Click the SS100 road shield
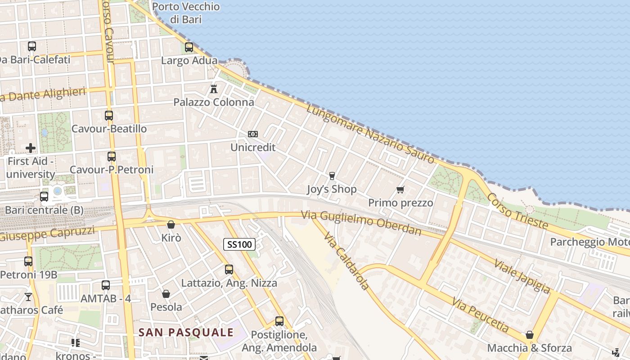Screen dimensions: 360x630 239,244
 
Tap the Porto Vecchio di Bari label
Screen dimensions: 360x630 186,13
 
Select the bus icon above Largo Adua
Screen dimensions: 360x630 189,47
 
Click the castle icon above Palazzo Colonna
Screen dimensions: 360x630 214,89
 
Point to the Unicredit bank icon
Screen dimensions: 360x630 253,134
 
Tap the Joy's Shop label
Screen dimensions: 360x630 332,189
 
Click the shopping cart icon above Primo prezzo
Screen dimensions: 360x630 400,189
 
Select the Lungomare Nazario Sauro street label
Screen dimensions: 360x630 370,134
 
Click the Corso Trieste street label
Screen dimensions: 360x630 517,211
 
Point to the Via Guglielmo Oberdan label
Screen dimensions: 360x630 361,223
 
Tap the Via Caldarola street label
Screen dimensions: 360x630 346,261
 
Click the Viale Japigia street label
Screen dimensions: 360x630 522,276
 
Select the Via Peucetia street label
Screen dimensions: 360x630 481,315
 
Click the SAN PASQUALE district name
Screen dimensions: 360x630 186,333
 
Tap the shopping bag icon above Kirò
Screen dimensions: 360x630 171,224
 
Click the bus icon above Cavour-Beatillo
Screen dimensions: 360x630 109,115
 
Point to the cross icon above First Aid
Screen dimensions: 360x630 31,148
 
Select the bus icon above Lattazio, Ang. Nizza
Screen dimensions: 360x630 229,270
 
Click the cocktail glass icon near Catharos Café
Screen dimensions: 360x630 28,297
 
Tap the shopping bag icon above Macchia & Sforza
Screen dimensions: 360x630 530,335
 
